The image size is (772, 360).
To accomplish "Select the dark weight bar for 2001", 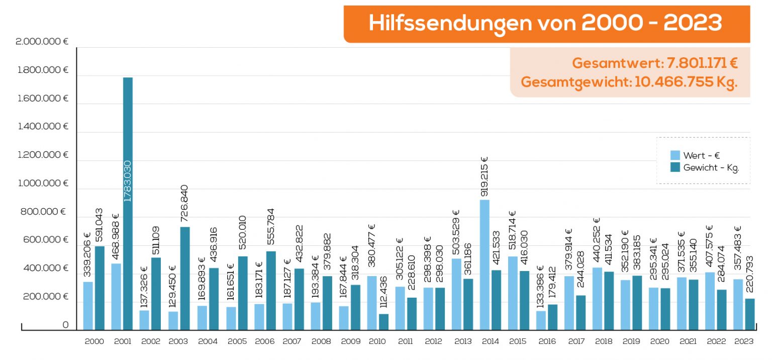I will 128,251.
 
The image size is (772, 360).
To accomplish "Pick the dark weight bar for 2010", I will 383,322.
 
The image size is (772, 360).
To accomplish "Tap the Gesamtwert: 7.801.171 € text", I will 654,63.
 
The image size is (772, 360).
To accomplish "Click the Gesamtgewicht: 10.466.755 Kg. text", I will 629,82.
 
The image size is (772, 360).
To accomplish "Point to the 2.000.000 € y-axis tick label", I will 42,42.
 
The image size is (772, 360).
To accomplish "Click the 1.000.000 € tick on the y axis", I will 43,184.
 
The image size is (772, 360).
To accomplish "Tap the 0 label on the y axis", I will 65,325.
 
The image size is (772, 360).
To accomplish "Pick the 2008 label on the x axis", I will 321,341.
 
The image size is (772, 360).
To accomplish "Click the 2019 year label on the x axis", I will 631,341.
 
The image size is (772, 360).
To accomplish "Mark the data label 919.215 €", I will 485,176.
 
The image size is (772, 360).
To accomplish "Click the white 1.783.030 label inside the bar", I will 128,181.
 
